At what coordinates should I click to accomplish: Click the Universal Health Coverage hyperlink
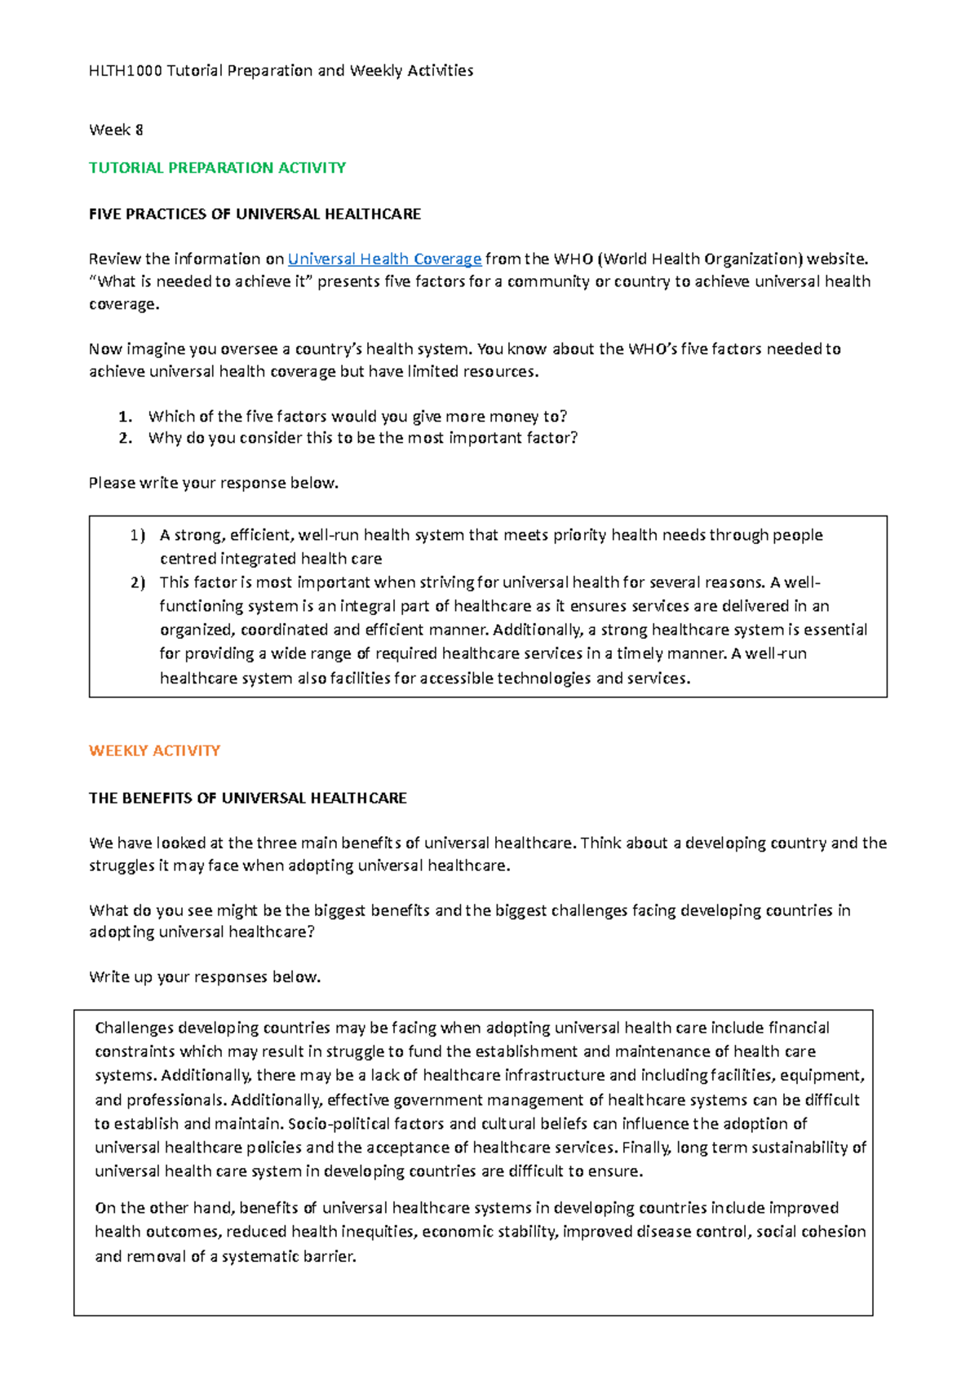(384, 259)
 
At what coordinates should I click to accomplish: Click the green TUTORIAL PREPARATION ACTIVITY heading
(217, 168)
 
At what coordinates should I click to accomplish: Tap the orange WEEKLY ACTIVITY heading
(154, 750)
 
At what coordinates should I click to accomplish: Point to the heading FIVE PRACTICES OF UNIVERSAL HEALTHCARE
(255, 215)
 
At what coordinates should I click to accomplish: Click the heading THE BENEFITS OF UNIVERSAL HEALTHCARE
(247, 799)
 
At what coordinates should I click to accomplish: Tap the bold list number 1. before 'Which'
(125, 417)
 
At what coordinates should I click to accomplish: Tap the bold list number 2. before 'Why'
(125, 438)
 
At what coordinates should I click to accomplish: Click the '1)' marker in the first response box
(136, 536)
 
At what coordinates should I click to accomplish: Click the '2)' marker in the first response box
(136, 582)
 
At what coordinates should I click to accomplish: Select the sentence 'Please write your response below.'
(213, 483)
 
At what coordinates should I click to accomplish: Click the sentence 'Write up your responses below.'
(205, 977)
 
